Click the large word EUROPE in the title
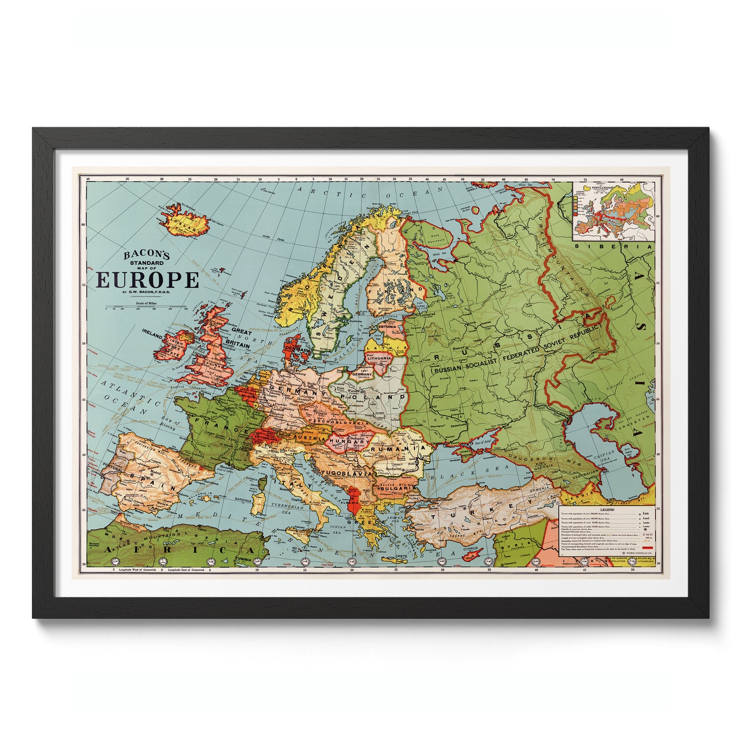[x=147, y=280]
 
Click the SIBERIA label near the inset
[x=614, y=246]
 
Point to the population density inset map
[x=613, y=212]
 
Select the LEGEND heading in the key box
[x=607, y=510]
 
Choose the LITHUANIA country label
[x=379, y=357]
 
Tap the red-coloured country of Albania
[x=353, y=502]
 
